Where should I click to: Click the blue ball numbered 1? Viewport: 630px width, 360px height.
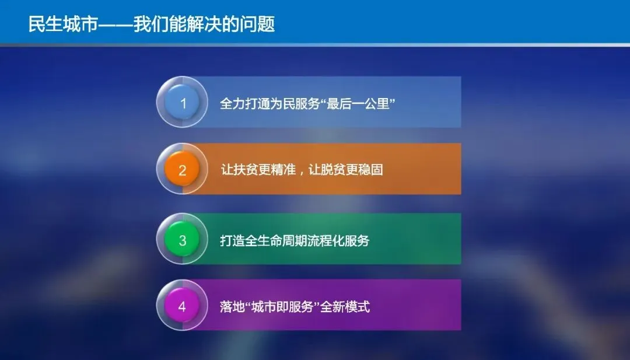pyautogui.click(x=182, y=102)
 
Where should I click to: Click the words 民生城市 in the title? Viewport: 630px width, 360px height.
pyautogui.click(x=63, y=24)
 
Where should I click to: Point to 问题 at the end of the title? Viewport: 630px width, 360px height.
pyautogui.click(x=258, y=24)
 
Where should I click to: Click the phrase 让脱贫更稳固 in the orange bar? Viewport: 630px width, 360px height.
pyautogui.click(x=345, y=170)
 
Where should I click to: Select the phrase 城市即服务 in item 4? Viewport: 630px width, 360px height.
pyautogui.click(x=282, y=307)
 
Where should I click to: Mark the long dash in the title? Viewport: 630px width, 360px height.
pyautogui.click(x=116, y=25)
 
